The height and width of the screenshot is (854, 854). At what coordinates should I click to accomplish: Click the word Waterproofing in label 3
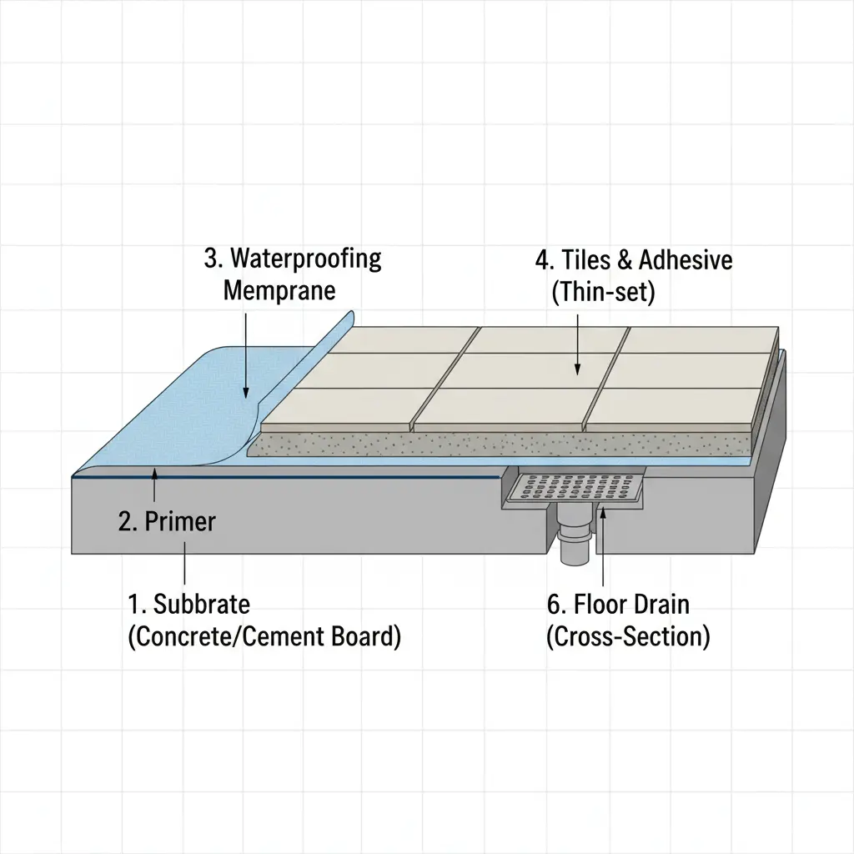point(305,259)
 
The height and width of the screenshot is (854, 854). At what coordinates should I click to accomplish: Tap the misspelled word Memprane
point(279,291)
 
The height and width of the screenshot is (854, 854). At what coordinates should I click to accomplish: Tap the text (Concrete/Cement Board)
point(264,636)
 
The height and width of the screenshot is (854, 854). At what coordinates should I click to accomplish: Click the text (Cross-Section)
point(628,637)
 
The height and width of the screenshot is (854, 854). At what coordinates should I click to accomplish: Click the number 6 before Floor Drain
point(554,604)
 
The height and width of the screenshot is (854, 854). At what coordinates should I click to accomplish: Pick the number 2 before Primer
point(125,522)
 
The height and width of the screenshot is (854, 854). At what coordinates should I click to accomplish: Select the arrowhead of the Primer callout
point(154,473)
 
